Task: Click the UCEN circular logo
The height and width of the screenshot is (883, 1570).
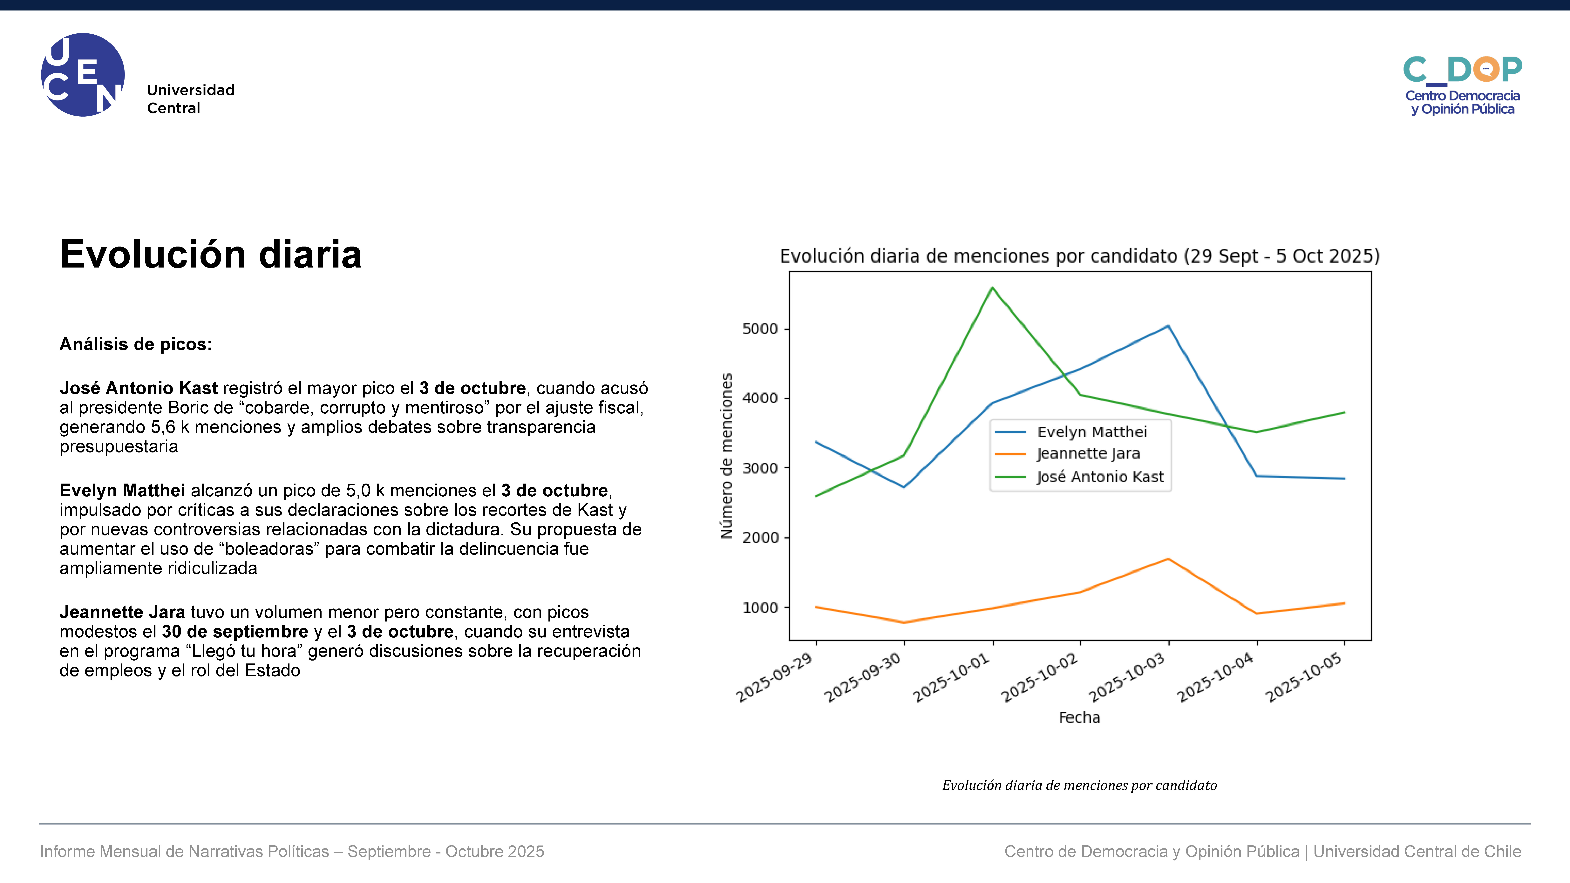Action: (83, 75)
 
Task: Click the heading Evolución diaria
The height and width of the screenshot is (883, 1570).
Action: (211, 254)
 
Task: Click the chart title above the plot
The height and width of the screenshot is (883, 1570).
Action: (1079, 256)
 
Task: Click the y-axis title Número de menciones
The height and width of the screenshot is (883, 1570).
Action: (726, 456)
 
